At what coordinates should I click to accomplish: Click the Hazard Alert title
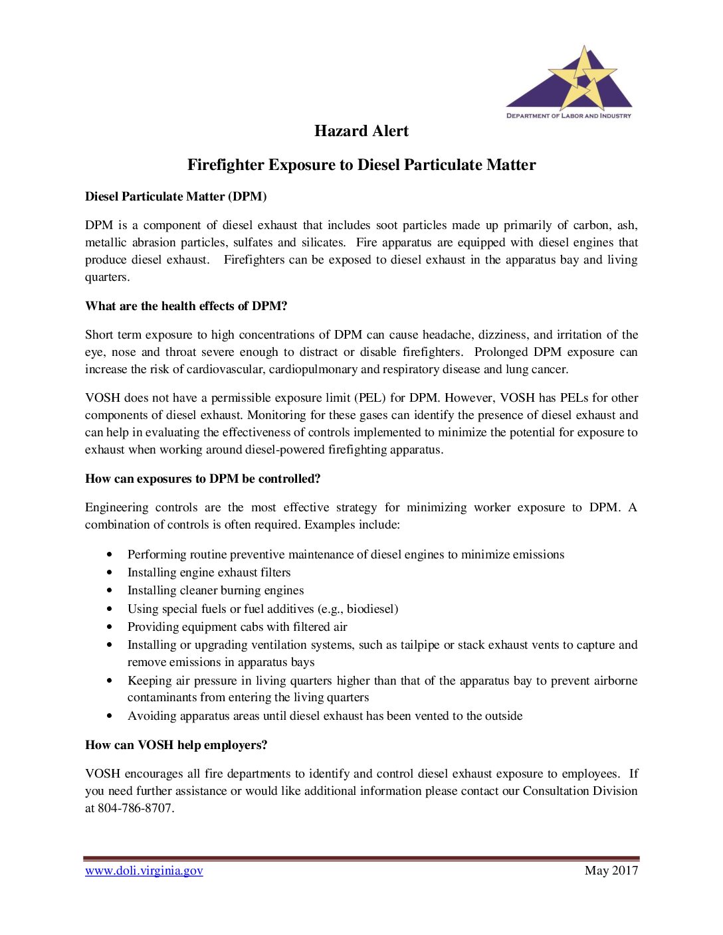[x=361, y=131]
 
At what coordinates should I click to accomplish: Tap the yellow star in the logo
[x=583, y=78]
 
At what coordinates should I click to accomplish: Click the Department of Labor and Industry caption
[x=569, y=116]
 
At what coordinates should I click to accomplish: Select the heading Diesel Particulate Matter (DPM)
[x=176, y=197]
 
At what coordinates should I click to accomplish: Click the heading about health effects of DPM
[x=186, y=306]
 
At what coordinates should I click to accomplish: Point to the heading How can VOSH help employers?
[x=176, y=745]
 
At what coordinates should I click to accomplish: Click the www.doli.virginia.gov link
[x=144, y=871]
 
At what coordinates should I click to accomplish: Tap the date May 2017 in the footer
[x=611, y=871]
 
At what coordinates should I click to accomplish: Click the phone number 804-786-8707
[x=135, y=808]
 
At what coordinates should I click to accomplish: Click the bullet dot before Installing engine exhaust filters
[x=110, y=572]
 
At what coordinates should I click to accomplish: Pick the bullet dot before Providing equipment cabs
[x=110, y=627]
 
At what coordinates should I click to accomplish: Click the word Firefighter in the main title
[x=225, y=165]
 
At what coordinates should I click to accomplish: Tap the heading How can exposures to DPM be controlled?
[x=203, y=479]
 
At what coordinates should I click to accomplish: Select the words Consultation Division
[x=579, y=791]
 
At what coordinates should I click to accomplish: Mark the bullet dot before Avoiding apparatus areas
[x=110, y=716]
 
